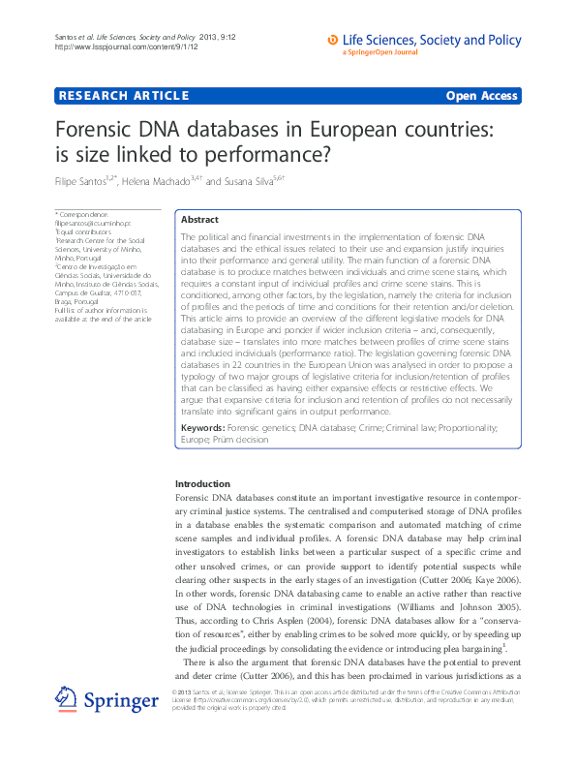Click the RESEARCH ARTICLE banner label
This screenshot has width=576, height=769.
[x=123, y=96]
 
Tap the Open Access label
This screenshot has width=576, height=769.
[x=481, y=96]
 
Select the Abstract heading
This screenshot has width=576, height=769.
[x=200, y=221]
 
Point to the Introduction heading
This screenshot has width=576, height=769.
[x=203, y=483]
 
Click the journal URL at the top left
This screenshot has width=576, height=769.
[x=110, y=46]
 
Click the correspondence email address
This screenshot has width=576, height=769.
[x=93, y=223]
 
